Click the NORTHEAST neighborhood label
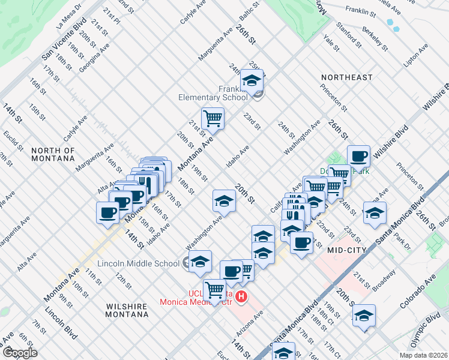pos(346,77)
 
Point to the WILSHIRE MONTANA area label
pos(127,310)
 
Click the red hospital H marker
pos(241,296)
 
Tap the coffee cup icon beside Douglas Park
pos(358,155)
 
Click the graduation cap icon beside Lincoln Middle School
pos(200,260)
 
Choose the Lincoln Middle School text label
pos(138,263)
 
